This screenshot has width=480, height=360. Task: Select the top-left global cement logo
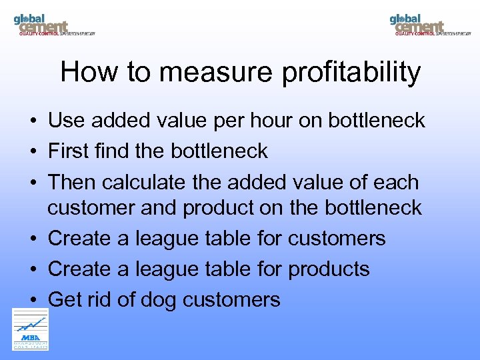(53, 25)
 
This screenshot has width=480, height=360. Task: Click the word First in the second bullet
(69, 151)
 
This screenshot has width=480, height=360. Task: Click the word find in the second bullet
(112, 151)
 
